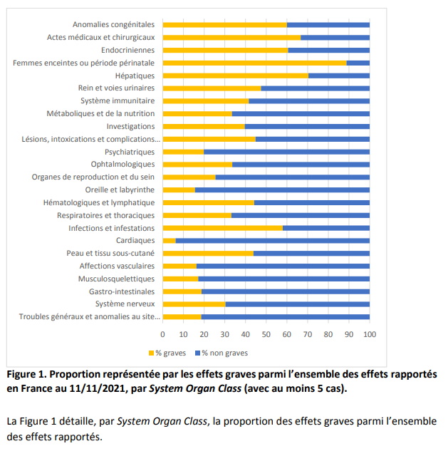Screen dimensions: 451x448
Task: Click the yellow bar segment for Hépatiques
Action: pos(235,76)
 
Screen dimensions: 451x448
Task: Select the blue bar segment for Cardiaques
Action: pos(272,241)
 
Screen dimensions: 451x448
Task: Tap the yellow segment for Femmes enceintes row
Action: pos(254,63)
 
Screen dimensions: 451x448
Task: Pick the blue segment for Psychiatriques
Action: pos(286,152)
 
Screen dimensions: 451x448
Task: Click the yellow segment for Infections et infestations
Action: pos(222,228)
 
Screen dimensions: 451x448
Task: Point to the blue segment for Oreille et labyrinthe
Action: pos(282,190)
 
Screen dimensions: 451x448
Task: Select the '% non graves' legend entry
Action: pos(222,352)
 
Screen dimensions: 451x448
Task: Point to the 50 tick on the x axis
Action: pos(266,333)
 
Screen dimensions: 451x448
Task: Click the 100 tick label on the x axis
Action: pos(369,333)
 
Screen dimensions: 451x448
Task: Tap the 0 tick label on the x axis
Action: pos(163,333)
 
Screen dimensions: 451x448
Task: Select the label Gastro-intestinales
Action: pos(121,291)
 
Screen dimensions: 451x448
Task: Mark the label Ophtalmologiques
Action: pos(118,165)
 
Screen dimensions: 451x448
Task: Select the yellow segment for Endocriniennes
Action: pos(225,50)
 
